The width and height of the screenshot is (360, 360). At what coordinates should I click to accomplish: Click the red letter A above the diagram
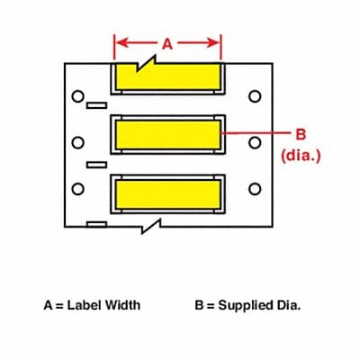point(166,41)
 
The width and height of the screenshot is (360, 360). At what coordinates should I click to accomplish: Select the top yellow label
point(166,77)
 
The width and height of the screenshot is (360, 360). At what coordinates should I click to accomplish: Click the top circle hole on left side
point(78,95)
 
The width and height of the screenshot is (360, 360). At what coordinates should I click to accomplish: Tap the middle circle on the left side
point(78,141)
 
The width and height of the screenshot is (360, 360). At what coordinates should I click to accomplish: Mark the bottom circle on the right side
point(255,188)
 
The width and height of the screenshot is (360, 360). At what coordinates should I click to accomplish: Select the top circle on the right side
point(255,95)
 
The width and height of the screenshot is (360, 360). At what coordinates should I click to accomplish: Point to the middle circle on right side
point(255,141)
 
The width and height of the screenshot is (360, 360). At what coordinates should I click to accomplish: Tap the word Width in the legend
point(122,305)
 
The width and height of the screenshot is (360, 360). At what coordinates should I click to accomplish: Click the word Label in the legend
point(85,305)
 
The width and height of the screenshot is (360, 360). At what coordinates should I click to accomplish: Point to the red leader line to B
point(256,133)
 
